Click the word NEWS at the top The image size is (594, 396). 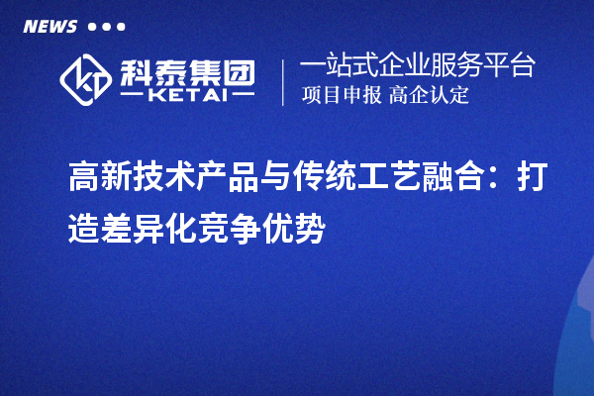[x=49, y=27]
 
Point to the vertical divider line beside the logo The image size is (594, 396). [x=284, y=81]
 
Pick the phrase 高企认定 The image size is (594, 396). [x=429, y=96]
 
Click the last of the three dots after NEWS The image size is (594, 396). [x=121, y=27]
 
